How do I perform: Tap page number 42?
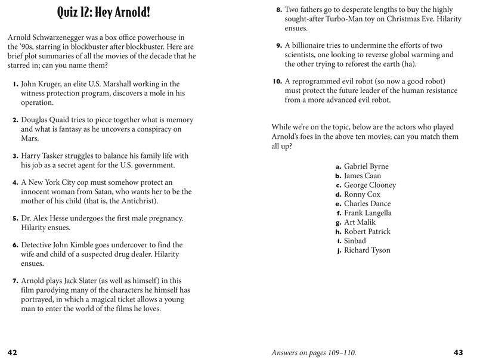[12, 352]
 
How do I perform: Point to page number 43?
[459, 352]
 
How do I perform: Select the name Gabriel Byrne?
[366, 167]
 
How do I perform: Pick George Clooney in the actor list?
[370, 185]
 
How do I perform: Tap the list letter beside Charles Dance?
[338, 204]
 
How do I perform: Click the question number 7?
[16, 281]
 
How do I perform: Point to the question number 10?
[277, 82]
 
